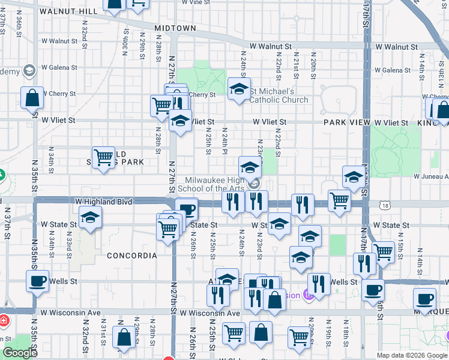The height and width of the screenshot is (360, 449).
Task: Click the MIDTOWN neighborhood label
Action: [x=175, y=28]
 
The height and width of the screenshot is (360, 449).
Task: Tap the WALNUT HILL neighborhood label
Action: [x=68, y=11]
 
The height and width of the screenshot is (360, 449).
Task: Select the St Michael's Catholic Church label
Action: [x=279, y=95]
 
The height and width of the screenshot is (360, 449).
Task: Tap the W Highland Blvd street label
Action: [x=103, y=202]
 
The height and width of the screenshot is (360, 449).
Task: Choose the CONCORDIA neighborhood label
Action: [x=131, y=256]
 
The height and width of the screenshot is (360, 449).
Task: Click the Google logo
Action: [x=20, y=353]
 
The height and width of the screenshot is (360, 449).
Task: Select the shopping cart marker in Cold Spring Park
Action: [x=104, y=158]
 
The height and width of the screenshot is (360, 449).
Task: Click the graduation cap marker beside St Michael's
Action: [x=239, y=89]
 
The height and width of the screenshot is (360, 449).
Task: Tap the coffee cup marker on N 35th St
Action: [x=38, y=281]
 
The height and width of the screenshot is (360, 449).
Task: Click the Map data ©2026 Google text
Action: [x=412, y=355]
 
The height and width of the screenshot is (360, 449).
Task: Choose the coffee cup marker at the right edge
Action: [x=425, y=299]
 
